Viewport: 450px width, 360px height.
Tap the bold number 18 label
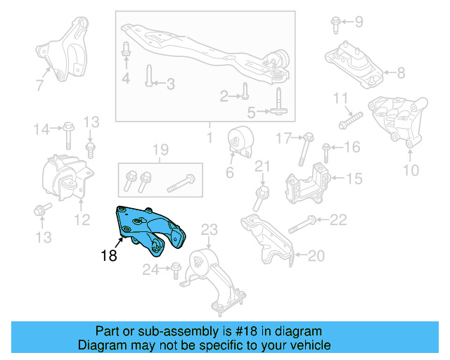pyautogui.click(x=108, y=256)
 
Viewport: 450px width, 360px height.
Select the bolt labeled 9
pyautogui.click(x=335, y=25)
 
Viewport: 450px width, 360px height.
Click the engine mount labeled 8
pyautogui.click(x=354, y=65)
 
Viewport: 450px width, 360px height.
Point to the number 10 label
pyautogui.click(x=410, y=169)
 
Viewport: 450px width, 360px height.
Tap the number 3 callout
pyautogui.click(x=169, y=84)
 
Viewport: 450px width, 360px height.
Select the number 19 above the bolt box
pyautogui.click(x=160, y=150)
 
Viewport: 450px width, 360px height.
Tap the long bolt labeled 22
pyautogui.click(x=300, y=224)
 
